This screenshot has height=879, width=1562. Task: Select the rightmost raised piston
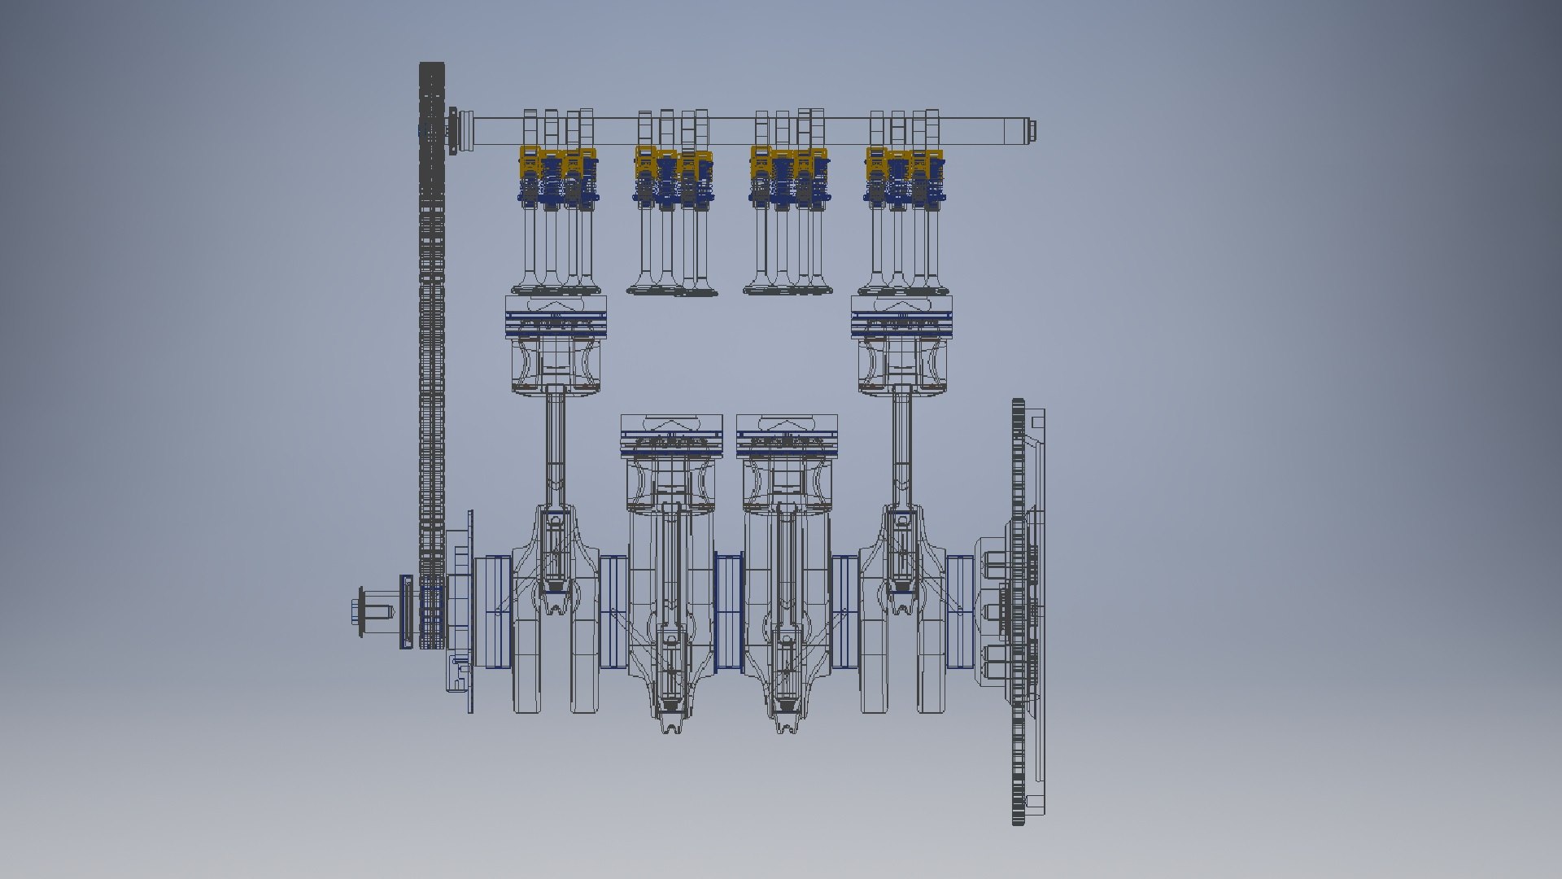point(902,342)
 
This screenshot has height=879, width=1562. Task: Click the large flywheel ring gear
point(1019,610)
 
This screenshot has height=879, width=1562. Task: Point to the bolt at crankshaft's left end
point(359,613)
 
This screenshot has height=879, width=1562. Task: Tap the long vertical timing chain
point(431,366)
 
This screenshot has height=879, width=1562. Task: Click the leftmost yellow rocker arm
point(530,161)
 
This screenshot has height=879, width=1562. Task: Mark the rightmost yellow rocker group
point(903,163)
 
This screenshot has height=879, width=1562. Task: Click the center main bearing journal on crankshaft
point(729,610)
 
